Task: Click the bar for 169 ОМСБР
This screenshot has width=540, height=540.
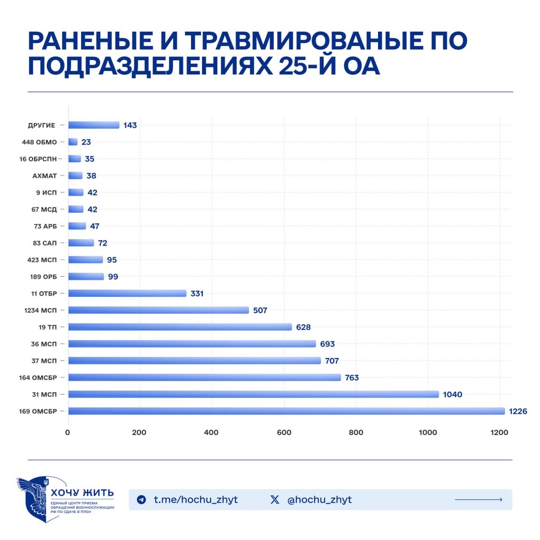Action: coord(286,411)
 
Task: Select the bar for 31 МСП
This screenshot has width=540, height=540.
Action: coord(253,394)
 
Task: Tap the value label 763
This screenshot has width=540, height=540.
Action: coord(351,378)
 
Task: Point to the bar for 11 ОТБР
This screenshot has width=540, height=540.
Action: coord(127,293)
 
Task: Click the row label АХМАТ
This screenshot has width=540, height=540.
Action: coord(45,175)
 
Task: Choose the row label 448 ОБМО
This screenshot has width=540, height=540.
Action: coord(40,142)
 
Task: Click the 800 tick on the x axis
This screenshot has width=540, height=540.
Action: coord(355,432)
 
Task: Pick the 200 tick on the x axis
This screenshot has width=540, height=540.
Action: coord(139,432)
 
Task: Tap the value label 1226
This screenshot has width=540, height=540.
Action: coord(517,411)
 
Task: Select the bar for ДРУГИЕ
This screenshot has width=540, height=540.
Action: coord(94,125)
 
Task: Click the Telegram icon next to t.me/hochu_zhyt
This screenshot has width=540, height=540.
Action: coord(141,499)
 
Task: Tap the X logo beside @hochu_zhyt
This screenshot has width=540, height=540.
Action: coord(274,499)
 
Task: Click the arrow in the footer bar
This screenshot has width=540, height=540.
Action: coord(478,499)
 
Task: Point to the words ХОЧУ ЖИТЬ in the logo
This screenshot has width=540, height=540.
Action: coord(82,493)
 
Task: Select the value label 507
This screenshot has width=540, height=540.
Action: coord(260,310)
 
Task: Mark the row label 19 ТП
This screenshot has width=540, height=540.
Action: coord(48,327)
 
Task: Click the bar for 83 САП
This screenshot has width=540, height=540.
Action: coord(81,243)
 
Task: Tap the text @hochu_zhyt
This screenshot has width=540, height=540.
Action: coord(319,499)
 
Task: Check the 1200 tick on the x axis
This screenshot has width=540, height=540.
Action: coord(499,432)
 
